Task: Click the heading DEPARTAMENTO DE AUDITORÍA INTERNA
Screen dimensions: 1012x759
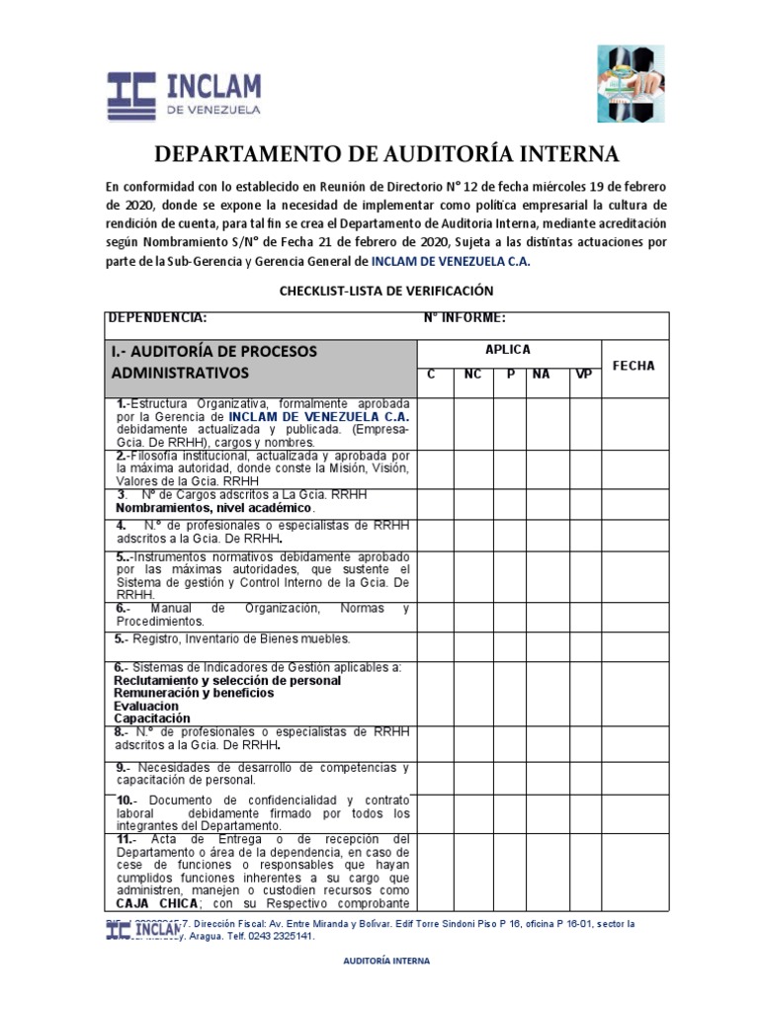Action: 385,154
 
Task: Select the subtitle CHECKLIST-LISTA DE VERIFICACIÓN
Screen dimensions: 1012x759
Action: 385,291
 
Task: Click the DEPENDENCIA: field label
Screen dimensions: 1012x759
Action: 157,318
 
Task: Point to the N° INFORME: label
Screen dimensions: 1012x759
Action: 464,318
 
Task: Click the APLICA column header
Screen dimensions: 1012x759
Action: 508,350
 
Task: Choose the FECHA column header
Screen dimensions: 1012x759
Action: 633,366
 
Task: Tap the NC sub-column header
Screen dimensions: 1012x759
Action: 472,376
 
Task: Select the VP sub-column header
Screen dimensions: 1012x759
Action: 583,376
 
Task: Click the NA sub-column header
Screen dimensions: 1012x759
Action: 541,376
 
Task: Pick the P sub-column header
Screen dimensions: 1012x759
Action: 511,376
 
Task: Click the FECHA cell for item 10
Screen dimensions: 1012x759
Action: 633,811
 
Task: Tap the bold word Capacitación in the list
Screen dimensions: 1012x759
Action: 151,719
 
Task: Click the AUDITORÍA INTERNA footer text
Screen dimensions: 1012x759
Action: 385,960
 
